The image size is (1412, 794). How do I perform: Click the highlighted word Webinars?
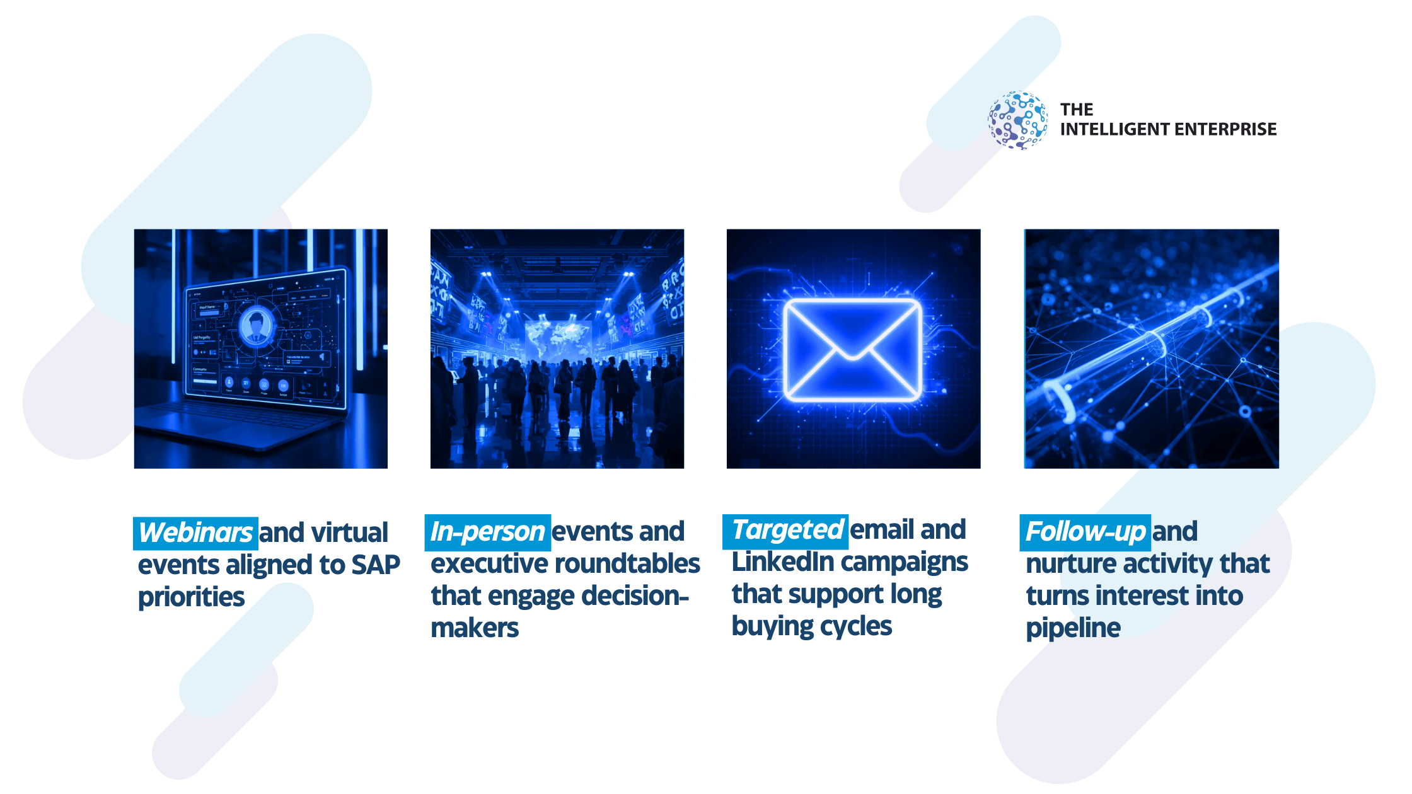point(195,532)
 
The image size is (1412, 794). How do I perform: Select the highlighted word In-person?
point(487,531)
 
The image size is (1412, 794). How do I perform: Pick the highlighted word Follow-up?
point(1085,531)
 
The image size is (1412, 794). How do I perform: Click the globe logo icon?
point(1017,120)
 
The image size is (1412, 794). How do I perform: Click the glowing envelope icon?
point(853,350)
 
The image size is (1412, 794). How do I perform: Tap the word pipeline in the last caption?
point(1073,628)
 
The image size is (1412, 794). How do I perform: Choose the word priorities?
point(191,597)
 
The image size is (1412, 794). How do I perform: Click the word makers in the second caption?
point(475,628)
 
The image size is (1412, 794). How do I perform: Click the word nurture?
point(1075,564)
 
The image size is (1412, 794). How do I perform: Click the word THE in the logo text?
point(1077,110)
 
